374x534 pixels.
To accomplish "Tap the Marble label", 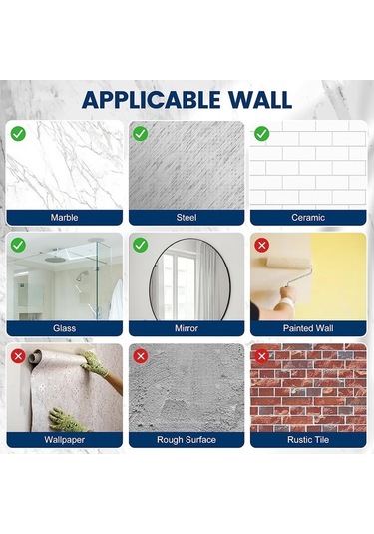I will point(65,217).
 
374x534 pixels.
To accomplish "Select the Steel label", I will point(187,217).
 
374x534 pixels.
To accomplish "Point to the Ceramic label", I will point(308,217).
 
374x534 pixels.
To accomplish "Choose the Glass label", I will point(65,327).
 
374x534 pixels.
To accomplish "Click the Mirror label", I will point(187,327).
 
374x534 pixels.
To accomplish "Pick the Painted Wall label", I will point(308,327).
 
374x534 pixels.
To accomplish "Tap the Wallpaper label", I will point(65,439).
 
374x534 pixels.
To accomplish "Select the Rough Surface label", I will point(187,439).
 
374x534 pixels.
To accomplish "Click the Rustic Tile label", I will point(308,439).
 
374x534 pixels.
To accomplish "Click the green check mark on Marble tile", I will point(19,133).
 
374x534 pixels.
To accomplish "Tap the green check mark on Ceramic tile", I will point(262,133).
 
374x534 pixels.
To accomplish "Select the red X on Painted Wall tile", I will point(262,245).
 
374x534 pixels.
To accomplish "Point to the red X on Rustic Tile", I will point(262,355).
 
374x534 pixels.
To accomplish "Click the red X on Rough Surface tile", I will point(141,355).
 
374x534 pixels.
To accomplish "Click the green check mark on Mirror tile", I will point(141,245).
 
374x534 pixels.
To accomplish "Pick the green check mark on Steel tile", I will point(141,133).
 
